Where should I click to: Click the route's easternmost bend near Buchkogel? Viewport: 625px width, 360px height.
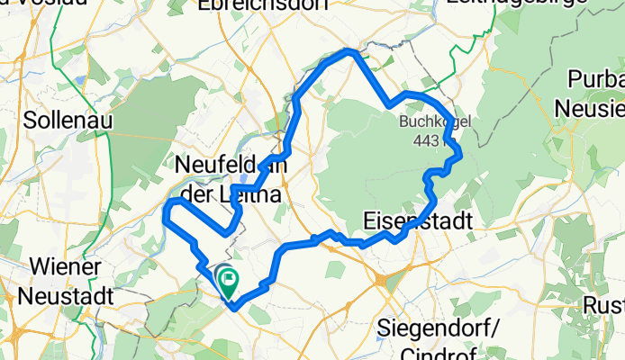click(460, 155)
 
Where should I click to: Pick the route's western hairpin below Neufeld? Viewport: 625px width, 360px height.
click(166, 211)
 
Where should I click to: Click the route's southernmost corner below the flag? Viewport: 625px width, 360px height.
click(233, 309)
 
